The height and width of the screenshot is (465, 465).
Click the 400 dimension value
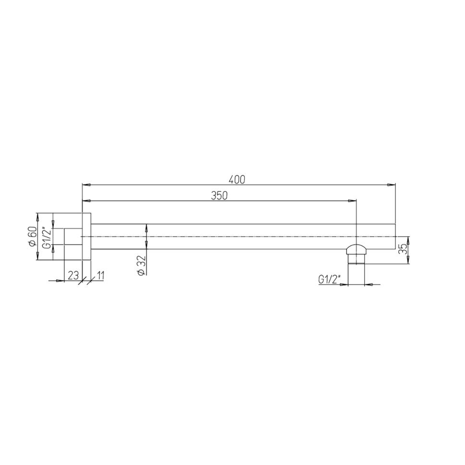pyautogui.click(x=237, y=180)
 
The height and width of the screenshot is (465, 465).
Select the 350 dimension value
pyautogui.click(x=219, y=196)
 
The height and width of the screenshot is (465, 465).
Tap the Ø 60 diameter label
pyautogui.click(x=32, y=236)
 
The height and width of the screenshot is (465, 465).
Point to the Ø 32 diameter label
pyautogui.click(x=142, y=265)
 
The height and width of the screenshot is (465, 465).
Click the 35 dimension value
pyautogui.click(x=403, y=249)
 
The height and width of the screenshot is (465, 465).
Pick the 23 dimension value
pyautogui.click(x=73, y=276)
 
